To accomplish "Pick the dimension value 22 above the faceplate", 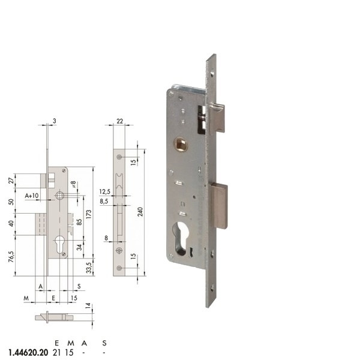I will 119,121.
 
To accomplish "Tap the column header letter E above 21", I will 57,343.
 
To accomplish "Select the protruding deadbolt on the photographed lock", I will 220,206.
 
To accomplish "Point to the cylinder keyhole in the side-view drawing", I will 61,244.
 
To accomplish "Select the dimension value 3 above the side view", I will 54,121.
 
